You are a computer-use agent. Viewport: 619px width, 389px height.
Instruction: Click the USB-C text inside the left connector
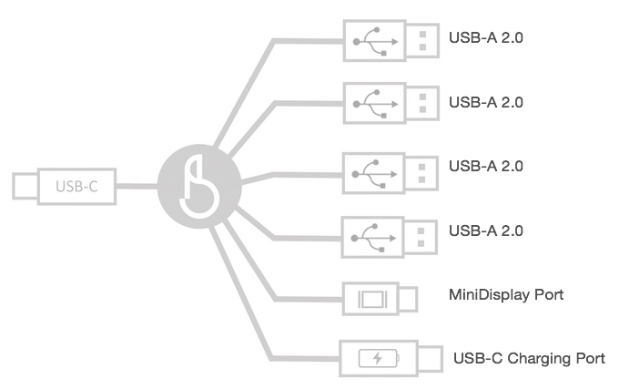[76, 187]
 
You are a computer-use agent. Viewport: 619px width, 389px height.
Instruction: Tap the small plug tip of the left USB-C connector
[25, 186]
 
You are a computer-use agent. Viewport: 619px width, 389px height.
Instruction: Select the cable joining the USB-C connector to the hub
[137, 186]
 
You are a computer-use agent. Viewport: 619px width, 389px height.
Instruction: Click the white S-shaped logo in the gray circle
[199, 186]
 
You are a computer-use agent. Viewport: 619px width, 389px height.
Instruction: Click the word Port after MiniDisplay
[549, 294]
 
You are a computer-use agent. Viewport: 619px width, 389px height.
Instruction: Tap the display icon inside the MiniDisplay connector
[372, 299]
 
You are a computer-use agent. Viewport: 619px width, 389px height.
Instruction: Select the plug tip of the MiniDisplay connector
[408, 299]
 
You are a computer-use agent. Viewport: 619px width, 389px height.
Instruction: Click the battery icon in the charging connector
[379, 358]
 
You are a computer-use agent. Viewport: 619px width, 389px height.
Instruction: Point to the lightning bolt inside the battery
[378, 358]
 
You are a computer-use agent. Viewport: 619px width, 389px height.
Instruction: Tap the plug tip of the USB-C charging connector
[430, 359]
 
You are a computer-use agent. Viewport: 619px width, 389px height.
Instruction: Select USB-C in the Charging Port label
[478, 358]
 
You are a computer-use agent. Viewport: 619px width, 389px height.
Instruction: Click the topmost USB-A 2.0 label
[486, 38]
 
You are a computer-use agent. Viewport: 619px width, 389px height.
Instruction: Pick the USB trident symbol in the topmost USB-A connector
[375, 42]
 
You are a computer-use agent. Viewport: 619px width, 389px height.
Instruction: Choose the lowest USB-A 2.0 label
[486, 230]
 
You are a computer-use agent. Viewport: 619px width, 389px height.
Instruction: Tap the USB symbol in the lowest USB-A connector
[373, 238]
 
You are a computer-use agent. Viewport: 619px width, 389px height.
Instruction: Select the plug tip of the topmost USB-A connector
[422, 41]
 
